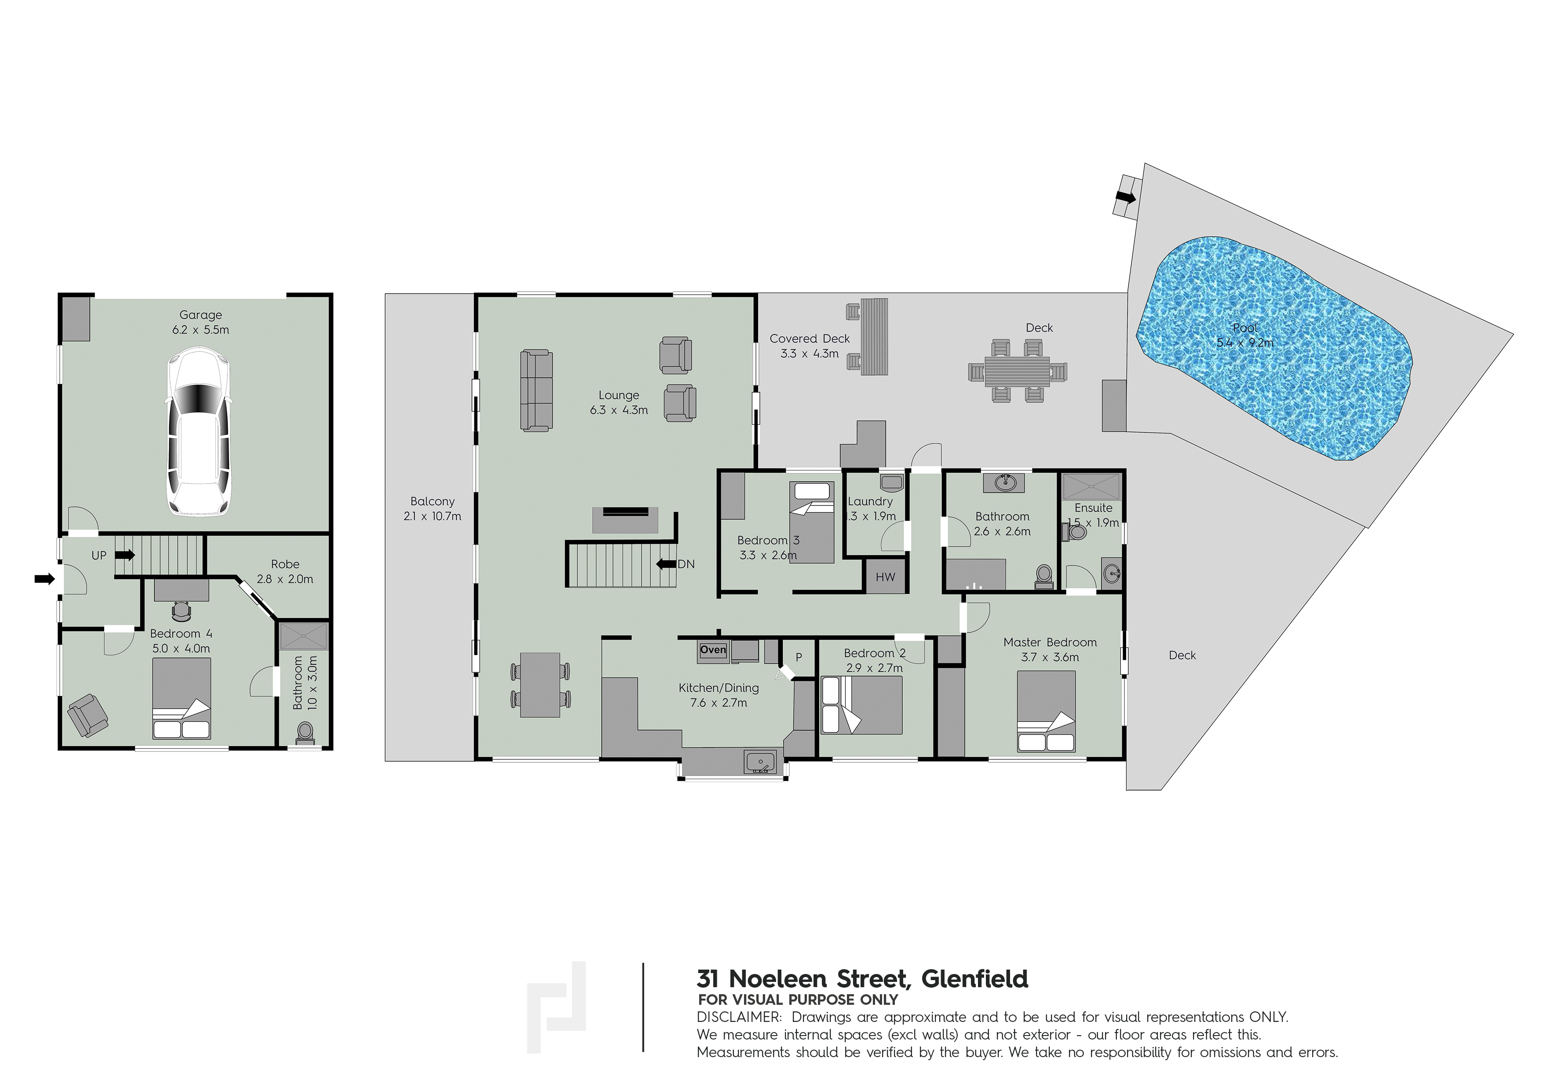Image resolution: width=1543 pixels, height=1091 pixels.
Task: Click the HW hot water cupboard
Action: click(x=885, y=577)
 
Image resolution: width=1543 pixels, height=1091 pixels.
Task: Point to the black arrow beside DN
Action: click(x=666, y=564)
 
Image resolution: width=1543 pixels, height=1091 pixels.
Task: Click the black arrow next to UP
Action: click(x=125, y=555)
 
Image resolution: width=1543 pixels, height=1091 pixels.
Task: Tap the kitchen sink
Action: click(x=759, y=762)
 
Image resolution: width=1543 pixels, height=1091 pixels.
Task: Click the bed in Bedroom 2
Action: click(x=862, y=705)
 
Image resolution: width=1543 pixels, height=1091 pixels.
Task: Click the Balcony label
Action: click(x=433, y=502)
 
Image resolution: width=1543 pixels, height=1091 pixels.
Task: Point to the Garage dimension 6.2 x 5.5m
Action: click(x=200, y=329)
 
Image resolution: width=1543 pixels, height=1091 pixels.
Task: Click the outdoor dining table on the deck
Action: click(x=1018, y=370)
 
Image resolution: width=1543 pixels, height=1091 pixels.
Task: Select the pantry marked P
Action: click(x=799, y=657)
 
